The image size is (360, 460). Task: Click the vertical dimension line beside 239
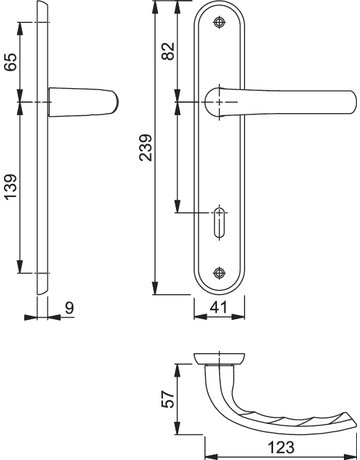[157, 150]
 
